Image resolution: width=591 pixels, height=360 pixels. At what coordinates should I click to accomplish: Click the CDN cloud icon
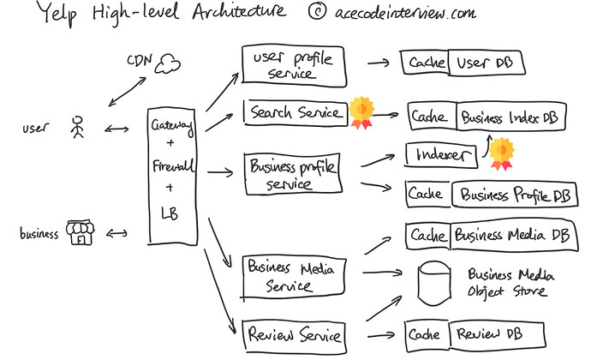click(168, 63)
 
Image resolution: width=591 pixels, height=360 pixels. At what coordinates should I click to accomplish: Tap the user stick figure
click(78, 127)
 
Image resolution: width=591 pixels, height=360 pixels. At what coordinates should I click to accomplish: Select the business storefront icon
click(80, 232)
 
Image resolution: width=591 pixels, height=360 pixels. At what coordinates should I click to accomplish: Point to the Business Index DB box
click(510, 117)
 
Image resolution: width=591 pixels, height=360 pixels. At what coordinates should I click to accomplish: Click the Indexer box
click(441, 155)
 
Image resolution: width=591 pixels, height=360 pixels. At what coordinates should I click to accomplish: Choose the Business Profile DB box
click(515, 195)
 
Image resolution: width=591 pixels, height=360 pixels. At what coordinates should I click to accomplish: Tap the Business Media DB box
click(514, 236)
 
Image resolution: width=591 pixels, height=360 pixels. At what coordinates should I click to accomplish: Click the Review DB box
click(497, 335)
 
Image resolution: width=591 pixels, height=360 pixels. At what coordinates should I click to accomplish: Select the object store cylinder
click(434, 283)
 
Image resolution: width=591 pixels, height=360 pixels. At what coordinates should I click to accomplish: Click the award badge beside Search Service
click(361, 112)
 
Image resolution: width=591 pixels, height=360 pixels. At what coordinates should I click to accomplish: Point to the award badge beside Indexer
click(501, 153)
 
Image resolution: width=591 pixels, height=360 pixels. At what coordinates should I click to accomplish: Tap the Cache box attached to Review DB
click(427, 336)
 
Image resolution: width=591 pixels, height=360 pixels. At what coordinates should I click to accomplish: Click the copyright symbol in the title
click(318, 11)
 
